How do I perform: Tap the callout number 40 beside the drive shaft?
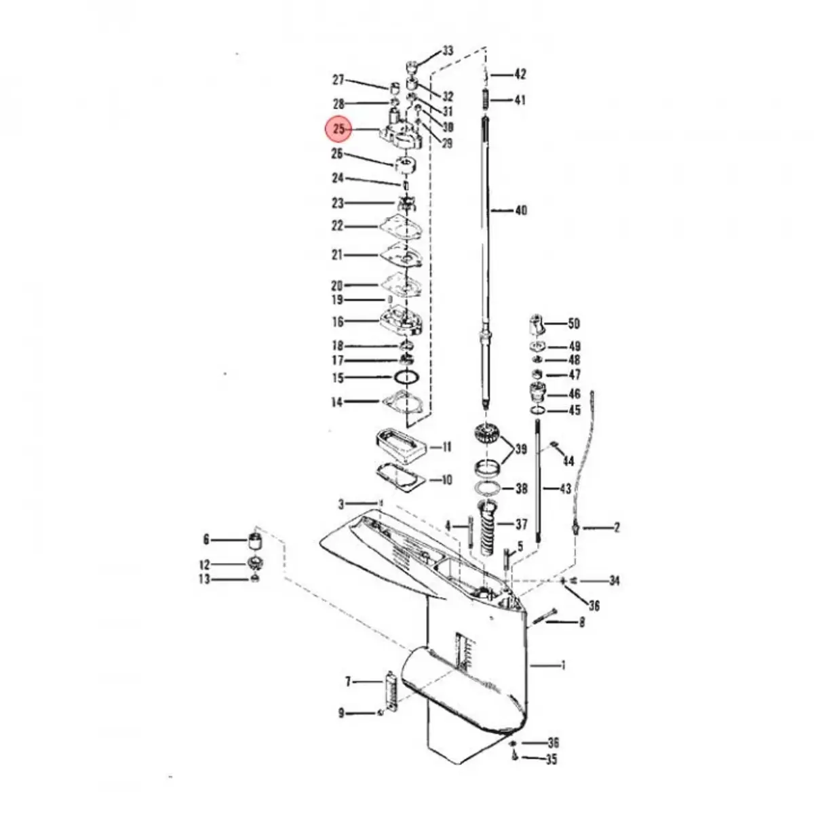[520, 211]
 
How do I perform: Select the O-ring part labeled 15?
[406, 377]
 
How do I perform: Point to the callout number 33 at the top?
[448, 51]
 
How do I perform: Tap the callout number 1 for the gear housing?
[562, 665]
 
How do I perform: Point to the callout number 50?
[574, 324]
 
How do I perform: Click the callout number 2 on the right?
[616, 527]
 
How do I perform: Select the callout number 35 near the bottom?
[551, 760]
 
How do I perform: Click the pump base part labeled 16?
[402, 322]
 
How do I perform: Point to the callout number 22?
[337, 226]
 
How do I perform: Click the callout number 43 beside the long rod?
[564, 488]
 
